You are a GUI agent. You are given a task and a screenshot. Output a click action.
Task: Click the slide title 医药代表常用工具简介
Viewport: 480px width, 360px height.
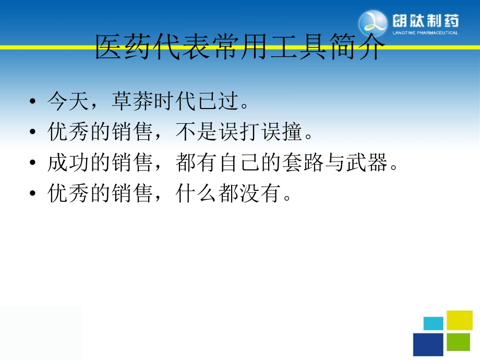coord(239,49)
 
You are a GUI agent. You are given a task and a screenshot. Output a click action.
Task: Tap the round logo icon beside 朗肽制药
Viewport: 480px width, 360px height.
coord(373,24)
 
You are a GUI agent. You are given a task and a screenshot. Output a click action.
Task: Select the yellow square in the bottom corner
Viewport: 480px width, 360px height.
coord(460,320)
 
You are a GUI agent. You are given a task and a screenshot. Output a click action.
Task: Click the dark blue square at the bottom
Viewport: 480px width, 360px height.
coord(428,344)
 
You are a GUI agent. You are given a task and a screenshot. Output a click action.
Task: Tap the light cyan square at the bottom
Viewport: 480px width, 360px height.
coord(434,323)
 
